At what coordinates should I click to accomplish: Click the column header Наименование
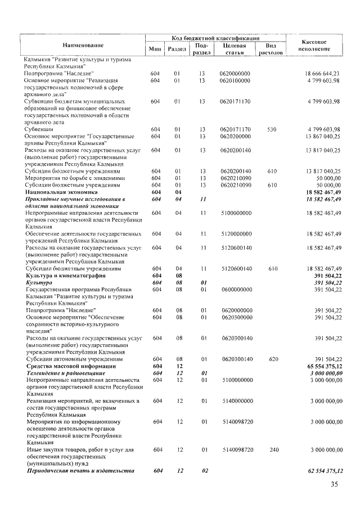pyautogui.click(x=83, y=44)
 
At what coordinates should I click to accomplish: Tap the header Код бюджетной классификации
pyautogui.click(x=215, y=37)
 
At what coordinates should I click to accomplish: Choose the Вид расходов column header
pyautogui.click(x=270, y=49)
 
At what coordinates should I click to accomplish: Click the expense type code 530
pyautogui.click(x=272, y=129)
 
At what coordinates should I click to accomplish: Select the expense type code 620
pyautogui.click(x=272, y=358)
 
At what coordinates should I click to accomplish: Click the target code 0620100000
pyautogui.click(x=236, y=80)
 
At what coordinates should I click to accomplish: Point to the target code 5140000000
pyautogui.click(x=236, y=400)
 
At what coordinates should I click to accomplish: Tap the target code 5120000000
pyautogui.click(x=236, y=233)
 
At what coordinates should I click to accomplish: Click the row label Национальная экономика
pyautogui.click(x=55, y=192)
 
